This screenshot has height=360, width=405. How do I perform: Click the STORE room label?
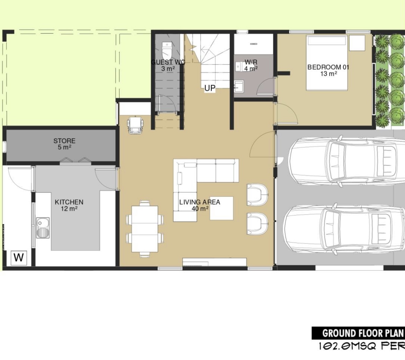(64, 141)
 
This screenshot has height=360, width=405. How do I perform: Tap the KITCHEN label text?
(69, 202)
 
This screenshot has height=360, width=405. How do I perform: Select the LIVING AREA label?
(200, 202)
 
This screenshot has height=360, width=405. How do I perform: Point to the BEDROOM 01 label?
(328, 67)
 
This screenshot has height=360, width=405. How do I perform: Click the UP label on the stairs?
(210, 88)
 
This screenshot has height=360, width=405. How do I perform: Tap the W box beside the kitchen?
(19, 257)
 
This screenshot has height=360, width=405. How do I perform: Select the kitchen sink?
(43, 227)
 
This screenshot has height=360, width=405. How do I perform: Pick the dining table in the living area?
(145, 229)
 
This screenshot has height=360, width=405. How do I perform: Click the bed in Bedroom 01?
(327, 63)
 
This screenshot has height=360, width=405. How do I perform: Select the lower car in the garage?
(344, 229)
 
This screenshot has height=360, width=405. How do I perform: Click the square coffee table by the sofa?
(221, 208)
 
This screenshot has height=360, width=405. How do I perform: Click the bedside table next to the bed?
(357, 43)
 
